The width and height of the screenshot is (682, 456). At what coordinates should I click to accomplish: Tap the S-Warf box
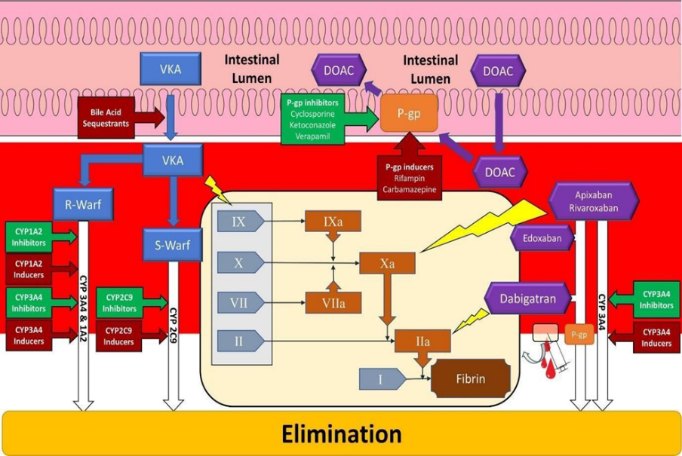pyautogui.click(x=173, y=244)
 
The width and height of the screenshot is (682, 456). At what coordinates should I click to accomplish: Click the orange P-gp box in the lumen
pyautogui.click(x=409, y=113)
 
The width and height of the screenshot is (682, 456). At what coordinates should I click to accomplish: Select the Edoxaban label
pyautogui.click(x=541, y=239)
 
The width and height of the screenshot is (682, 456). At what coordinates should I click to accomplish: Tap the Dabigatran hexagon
pyautogui.click(x=527, y=298)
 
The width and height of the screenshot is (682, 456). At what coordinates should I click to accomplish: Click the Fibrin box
pyautogui.click(x=470, y=379)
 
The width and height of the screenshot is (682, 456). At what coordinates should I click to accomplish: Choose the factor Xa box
pyautogui.click(x=386, y=263)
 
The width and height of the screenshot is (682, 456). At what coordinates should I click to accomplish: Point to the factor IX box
pyautogui.click(x=239, y=222)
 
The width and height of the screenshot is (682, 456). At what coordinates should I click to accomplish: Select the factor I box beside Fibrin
pyautogui.click(x=381, y=380)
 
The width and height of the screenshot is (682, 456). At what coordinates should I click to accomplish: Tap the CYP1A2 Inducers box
pyautogui.click(x=29, y=268)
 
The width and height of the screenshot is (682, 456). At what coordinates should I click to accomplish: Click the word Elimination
pyautogui.click(x=341, y=434)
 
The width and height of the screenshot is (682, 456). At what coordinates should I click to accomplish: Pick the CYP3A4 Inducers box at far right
pyautogui.click(x=656, y=337)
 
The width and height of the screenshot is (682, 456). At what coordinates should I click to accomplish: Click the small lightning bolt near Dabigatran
pyautogui.click(x=469, y=320)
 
